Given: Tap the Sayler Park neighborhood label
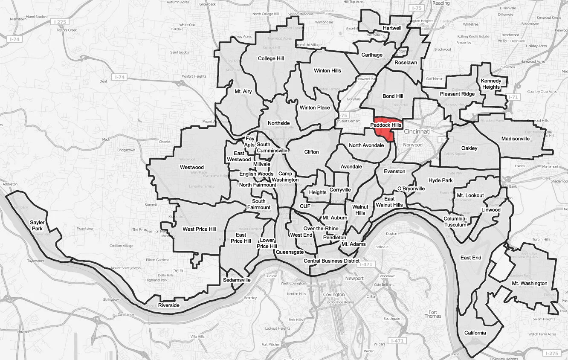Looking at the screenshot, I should pos(37,226).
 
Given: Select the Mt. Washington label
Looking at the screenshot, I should pos(530,283).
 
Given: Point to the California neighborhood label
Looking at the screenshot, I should pos(475,333).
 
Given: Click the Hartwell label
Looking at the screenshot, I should pos(392,28).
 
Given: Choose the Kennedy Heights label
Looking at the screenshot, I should pos(490,84).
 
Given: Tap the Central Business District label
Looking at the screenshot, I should pos(331,261).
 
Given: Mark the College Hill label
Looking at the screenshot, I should pos(271,58).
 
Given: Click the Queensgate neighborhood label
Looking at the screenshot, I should pos(290,252).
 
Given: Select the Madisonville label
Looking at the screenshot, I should pos(515,139).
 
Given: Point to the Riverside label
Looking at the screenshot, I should pos(169,305).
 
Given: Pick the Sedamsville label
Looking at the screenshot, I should pos(237,280).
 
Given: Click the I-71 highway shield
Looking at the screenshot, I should pos(512,97).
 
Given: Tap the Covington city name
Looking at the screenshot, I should pos(334,295).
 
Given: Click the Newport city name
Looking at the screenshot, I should pos(354,279).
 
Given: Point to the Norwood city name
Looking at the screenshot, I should pos(413,145).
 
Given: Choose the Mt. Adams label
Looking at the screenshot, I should pos(353,244).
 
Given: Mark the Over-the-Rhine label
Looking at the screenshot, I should pos(321,228).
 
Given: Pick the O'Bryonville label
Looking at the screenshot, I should pos(411,189).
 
